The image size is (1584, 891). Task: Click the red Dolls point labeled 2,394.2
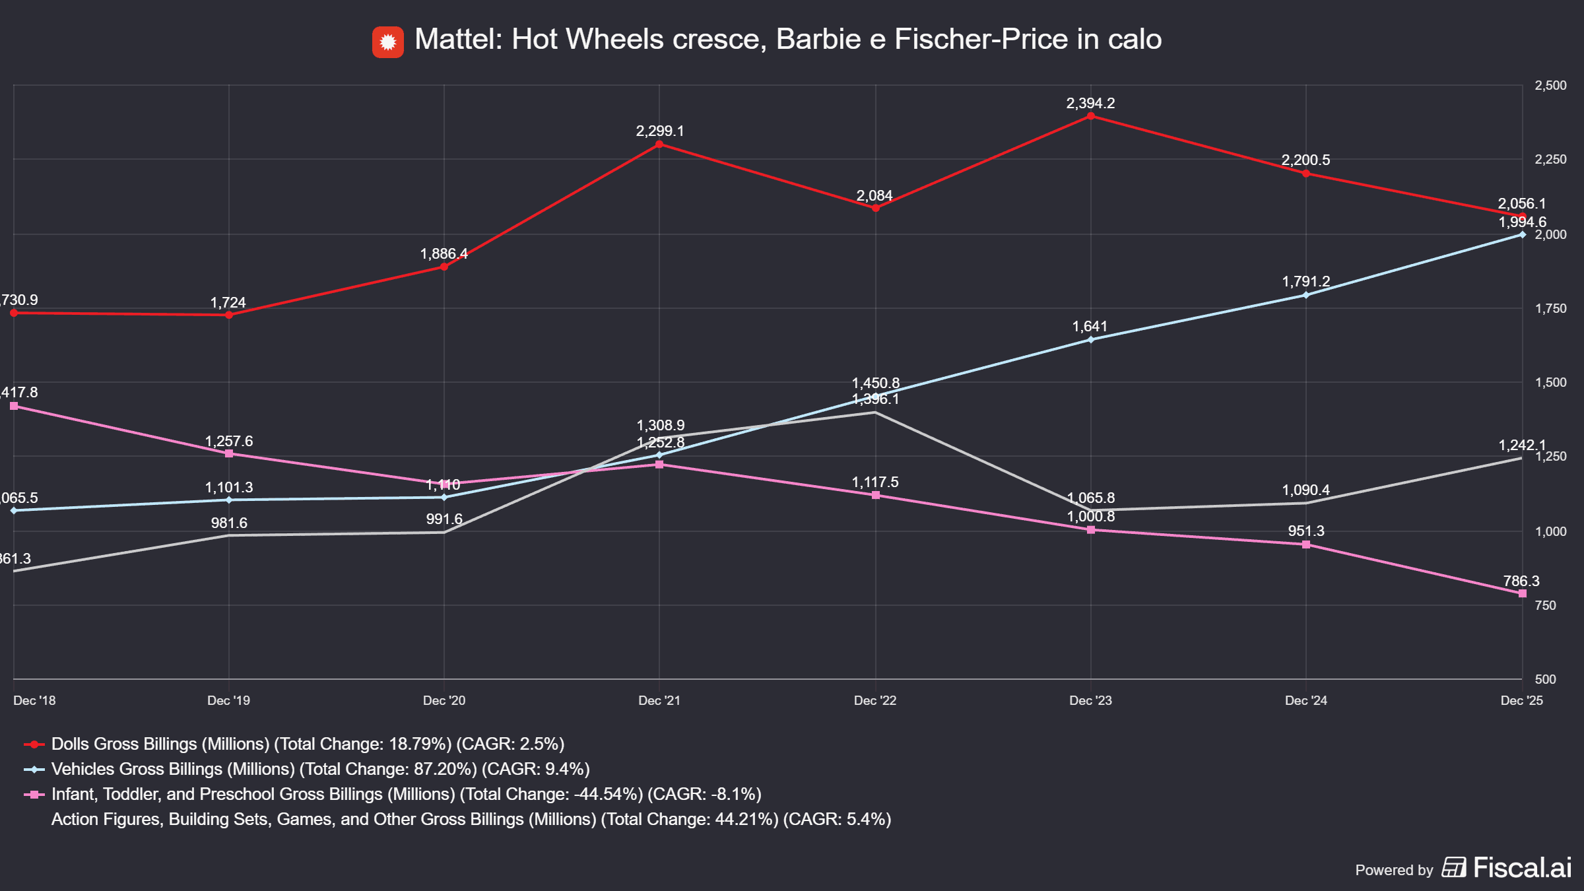pyautogui.click(x=1090, y=116)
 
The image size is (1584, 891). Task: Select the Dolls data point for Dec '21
pyautogui.click(x=659, y=144)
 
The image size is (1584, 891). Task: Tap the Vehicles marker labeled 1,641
pyautogui.click(x=1090, y=340)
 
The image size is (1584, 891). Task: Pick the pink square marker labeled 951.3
pyautogui.click(x=1306, y=544)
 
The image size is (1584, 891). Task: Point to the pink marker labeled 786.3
pyautogui.click(x=1522, y=594)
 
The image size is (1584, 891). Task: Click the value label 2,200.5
pyautogui.click(x=1305, y=160)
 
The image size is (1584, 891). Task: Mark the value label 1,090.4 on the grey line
pyautogui.click(x=1305, y=490)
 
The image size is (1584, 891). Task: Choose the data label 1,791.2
pyautogui.click(x=1305, y=282)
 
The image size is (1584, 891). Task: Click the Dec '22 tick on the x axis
pyautogui.click(x=875, y=700)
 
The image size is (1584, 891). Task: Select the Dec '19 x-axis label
pyautogui.click(x=228, y=700)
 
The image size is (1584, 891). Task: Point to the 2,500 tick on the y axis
pyautogui.click(x=1550, y=86)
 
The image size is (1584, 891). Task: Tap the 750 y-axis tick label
pyautogui.click(x=1546, y=605)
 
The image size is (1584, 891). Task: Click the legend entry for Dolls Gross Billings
pyautogui.click(x=308, y=744)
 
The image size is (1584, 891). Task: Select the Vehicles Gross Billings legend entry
pyautogui.click(x=320, y=769)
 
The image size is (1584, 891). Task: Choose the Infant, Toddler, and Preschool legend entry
pyautogui.click(x=406, y=794)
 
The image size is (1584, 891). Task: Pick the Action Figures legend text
pyautogui.click(x=471, y=819)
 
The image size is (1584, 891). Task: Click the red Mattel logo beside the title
pyautogui.click(x=388, y=42)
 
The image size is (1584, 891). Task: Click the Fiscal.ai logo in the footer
pyautogui.click(x=1506, y=867)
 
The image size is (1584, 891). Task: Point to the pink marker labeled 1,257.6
pyautogui.click(x=229, y=454)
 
